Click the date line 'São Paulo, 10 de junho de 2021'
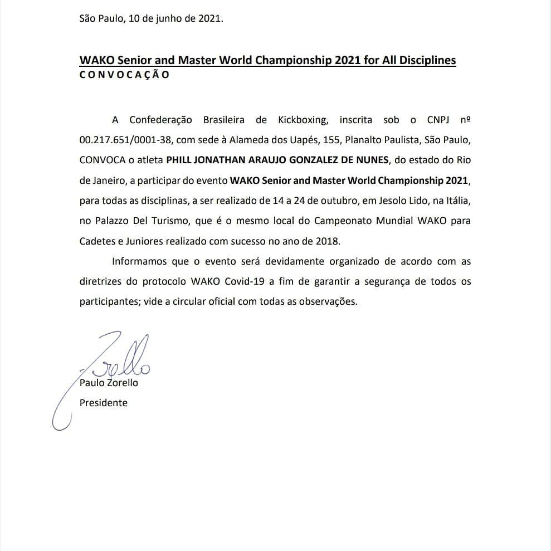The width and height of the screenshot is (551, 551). click(151, 18)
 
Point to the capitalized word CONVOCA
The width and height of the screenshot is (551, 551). click(102, 160)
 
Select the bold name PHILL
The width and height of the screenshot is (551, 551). click(180, 160)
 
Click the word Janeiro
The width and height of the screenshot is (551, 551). click(111, 181)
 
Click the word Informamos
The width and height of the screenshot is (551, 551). click(139, 261)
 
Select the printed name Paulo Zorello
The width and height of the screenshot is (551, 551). click(109, 383)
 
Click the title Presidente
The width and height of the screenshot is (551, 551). click(103, 402)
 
